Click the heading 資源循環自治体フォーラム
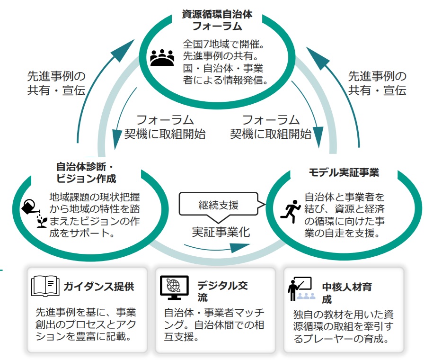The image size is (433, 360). point(217,20)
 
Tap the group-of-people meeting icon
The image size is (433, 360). point(162,58)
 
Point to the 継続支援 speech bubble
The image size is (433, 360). point(218,205)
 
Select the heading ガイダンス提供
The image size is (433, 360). point(99,286)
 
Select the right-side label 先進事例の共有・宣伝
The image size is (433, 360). point(377,83)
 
